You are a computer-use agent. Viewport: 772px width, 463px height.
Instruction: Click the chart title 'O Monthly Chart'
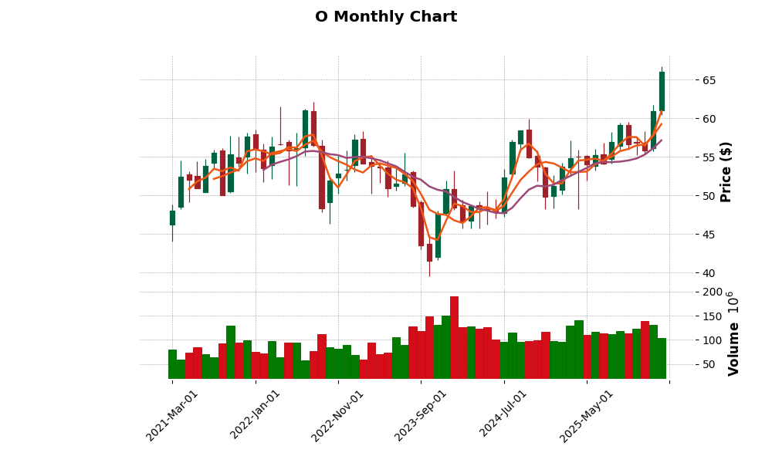tap(386, 17)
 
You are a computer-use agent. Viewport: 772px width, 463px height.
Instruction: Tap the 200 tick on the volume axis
tap(712, 292)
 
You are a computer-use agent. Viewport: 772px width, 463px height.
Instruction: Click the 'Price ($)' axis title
tap(726, 171)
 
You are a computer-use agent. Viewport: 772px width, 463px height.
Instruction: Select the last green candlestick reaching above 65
tap(662, 91)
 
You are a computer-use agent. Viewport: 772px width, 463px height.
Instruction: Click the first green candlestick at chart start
tap(172, 218)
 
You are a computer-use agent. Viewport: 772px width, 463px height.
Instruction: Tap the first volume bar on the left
tap(172, 364)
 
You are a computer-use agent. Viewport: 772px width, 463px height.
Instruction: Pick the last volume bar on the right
tap(662, 358)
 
